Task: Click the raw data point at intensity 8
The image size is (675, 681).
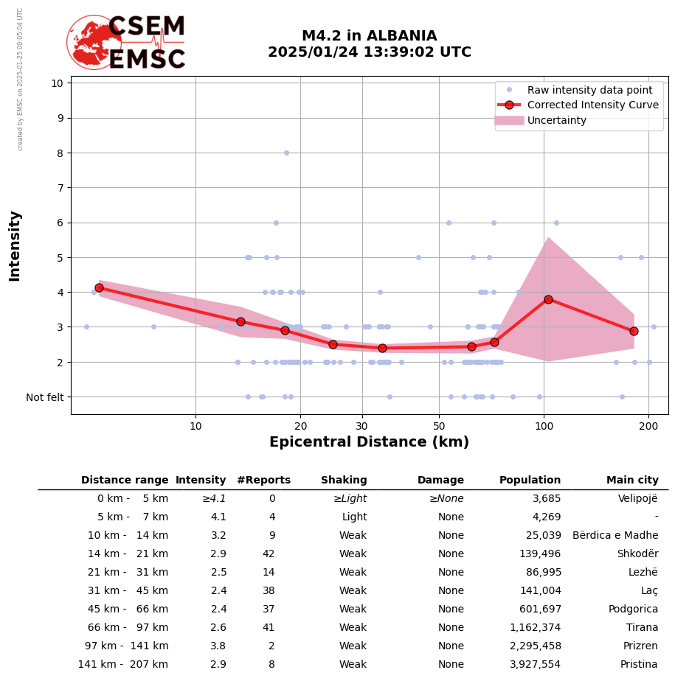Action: tap(286, 153)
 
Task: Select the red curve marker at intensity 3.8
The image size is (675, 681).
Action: tap(548, 299)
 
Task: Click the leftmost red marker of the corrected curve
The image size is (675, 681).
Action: tap(99, 287)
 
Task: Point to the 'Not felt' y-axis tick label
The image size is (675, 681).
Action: tap(45, 397)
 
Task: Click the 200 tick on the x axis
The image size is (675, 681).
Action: tap(648, 425)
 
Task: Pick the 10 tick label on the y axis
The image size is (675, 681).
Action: tap(56, 83)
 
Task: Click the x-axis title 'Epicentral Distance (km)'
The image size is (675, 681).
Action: tap(369, 442)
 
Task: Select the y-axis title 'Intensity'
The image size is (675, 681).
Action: tap(15, 245)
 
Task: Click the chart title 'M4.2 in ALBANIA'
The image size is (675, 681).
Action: tap(369, 36)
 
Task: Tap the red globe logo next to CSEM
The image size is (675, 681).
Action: tap(93, 42)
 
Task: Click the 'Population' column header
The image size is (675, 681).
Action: tap(530, 481)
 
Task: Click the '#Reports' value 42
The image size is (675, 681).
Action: tap(269, 554)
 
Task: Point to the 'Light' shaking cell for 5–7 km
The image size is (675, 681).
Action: tap(354, 517)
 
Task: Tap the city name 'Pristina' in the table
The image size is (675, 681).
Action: tap(639, 665)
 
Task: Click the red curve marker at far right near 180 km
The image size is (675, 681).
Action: tap(634, 331)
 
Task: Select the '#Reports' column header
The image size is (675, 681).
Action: tap(263, 481)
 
